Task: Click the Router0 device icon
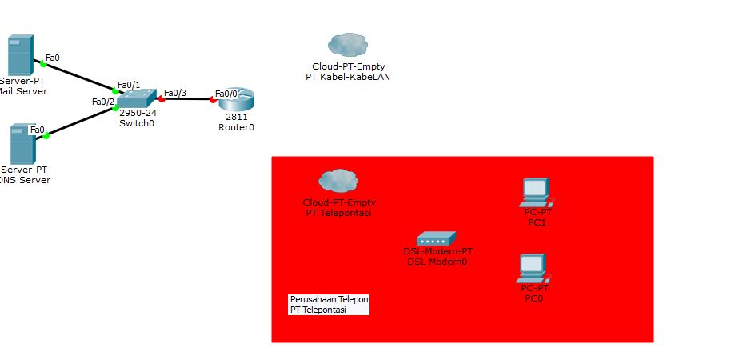pyautogui.click(x=236, y=99)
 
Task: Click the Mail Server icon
pyautogui.click(x=19, y=54)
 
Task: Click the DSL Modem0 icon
pyautogui.click(x=436, y=238)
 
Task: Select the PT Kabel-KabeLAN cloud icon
pyautogui.click(x=348, y=45)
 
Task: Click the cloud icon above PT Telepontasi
pyautogui.click(x=338, y=181)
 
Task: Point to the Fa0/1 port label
pyautogui.click(x=129, y=85)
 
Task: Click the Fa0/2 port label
pyautogui.click(x=103, y=102)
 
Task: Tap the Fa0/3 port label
pyautogui.click(x=175, y=93)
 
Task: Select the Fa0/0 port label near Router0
pyautogui.click(x=226, y=94)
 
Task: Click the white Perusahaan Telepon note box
pyautogui.click(x=329, y=304)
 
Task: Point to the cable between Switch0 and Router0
pyautogui.click(x=187, y=99)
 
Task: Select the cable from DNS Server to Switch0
pyautogui.click(x=80, y=122)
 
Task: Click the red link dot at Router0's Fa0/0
pyautogui.click(x=213, y=100)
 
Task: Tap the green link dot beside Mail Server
pyautogui.click(x=43, y=63)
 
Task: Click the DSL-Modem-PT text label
pyautogui.click(x=437, y=251)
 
